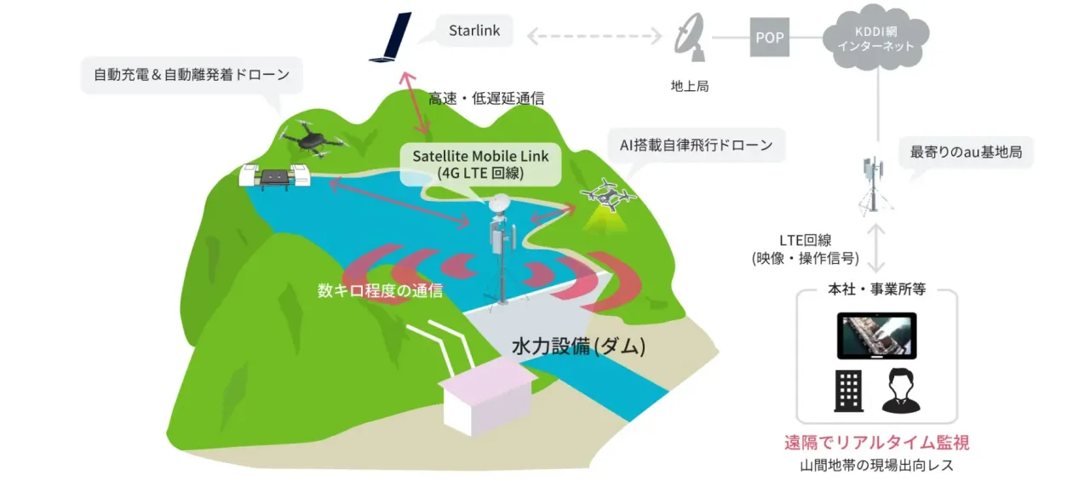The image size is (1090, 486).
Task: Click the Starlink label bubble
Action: (474, 31)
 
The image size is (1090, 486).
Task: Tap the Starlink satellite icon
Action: (391, 37)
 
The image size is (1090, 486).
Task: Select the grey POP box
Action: (769, 37)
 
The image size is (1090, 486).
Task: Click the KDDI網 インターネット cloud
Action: (876, 37)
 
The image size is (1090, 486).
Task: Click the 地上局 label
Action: (690, 86)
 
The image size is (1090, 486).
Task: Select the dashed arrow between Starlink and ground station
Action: (594, 36)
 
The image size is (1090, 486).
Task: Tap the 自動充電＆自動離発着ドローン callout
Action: (192, 75)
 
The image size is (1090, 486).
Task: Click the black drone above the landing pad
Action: (313, 139)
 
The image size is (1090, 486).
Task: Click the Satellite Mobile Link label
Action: (480, 164)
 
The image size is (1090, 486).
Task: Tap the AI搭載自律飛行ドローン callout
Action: (697, 145)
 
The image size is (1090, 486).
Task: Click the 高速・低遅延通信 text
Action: (486, 99)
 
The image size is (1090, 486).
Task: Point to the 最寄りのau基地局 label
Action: (966, 152)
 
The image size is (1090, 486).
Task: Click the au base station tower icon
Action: (875, 185)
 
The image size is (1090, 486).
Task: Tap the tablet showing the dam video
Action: (876, 335)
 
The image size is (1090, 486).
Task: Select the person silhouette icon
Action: (901, 391)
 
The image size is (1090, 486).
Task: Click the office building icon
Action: (849, 391)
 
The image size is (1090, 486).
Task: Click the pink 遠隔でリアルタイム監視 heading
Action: (876, 443)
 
